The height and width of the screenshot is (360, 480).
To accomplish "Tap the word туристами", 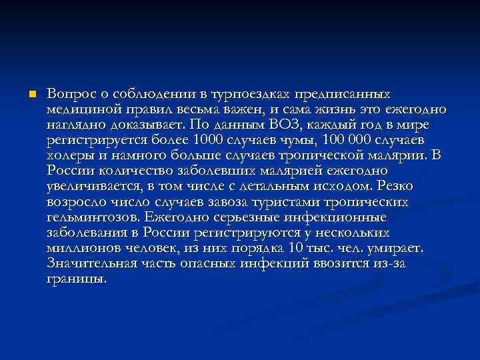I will pyautogui.click(x=282, y=202).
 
